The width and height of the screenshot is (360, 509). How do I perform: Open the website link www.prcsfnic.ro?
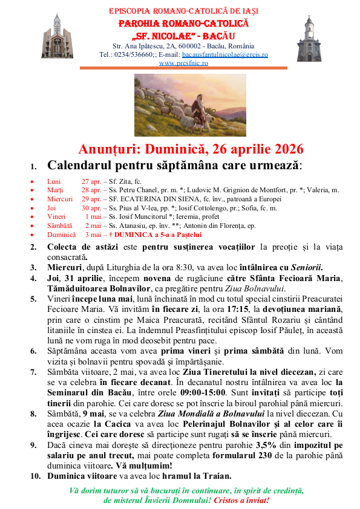(183, 62)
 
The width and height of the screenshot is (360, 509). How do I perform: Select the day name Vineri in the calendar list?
(56, 216)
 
